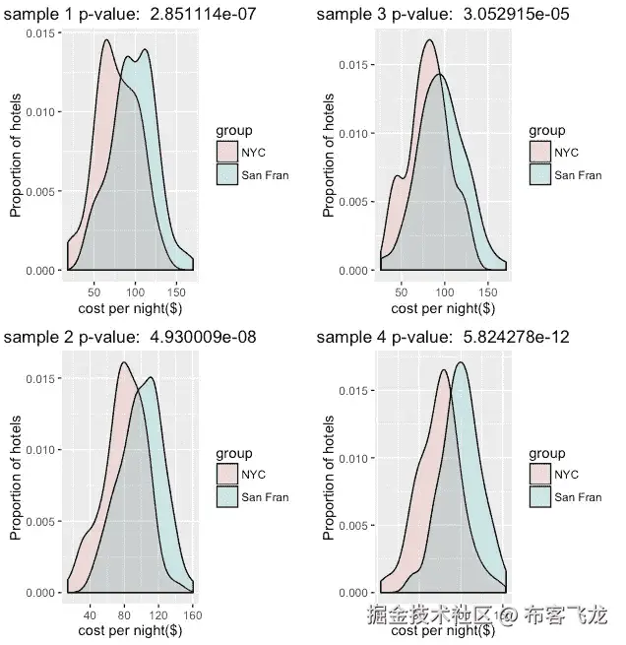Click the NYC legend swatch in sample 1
point(225,151)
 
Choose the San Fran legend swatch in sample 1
point(225,174)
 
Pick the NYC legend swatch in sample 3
point(539,151)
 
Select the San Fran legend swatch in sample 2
point(225,497)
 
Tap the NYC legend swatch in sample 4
point(539,475)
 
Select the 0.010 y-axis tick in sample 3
point(353,133)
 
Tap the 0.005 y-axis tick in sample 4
point(353,526)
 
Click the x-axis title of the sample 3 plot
point(444,307)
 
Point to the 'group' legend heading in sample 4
point(546,453)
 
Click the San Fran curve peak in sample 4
point(461,362)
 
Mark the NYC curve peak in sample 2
point(123,362)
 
